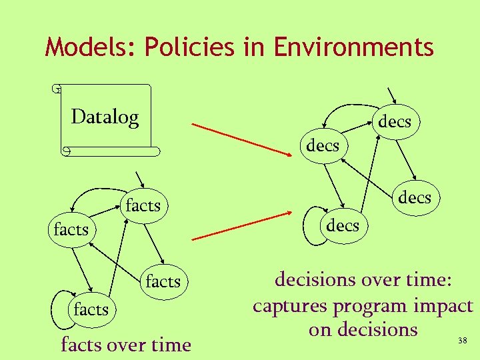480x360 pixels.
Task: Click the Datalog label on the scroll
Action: [105, 117]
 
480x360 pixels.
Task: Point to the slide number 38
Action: [462, 341]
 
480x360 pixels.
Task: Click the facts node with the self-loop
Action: [91, 309]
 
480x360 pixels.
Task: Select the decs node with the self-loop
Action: [342, 225]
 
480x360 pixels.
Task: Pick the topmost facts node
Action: [143, 205]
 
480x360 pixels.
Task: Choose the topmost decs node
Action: [395, 122]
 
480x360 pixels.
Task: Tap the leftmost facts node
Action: [71, 230]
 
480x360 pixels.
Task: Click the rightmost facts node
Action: [163, 281]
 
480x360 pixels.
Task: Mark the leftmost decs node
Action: [323, 145]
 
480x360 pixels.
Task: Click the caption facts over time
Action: [125, 345]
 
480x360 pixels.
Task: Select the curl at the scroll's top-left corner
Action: [58, 88]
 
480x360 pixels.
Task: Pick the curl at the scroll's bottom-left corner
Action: [65, 151]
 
